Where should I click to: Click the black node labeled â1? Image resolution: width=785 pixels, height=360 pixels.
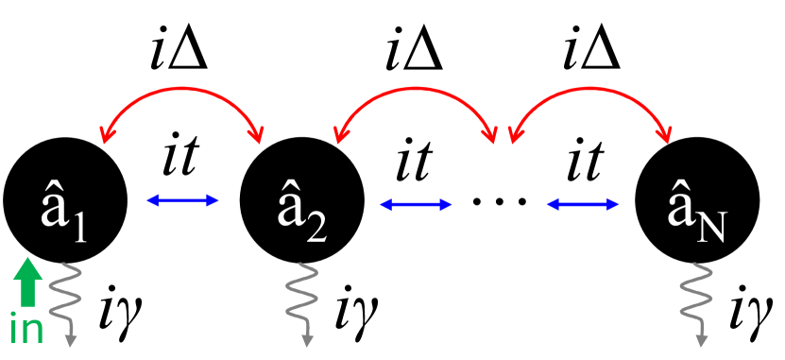coord(65,200)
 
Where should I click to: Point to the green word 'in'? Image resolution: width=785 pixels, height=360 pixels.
coord(26,330)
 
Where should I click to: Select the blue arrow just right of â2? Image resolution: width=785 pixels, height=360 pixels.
coord(413,202)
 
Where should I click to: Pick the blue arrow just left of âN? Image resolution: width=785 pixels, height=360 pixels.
coord(582,202)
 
